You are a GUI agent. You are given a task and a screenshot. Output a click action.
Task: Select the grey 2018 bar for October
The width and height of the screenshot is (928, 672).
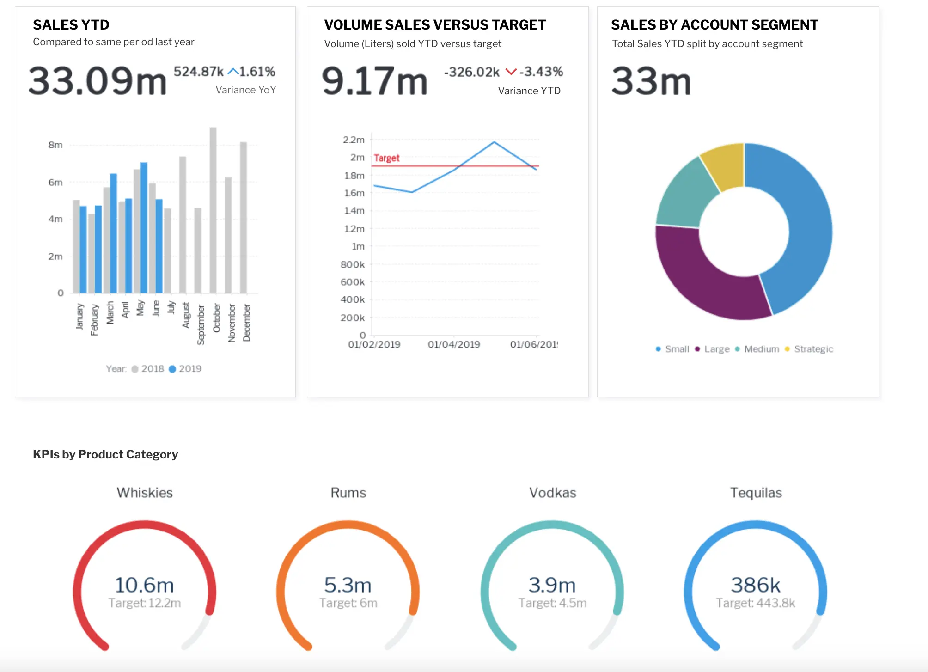coord(213,210)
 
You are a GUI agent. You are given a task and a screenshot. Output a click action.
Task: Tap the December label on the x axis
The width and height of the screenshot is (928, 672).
coord(247,323)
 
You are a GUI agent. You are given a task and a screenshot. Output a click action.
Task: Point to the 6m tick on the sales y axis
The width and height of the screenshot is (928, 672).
coord(55,182)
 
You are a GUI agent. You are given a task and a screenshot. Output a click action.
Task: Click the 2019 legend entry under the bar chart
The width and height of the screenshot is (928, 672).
coord(185,369)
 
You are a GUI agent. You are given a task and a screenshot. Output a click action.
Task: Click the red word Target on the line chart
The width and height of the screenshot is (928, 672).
coord(386,158)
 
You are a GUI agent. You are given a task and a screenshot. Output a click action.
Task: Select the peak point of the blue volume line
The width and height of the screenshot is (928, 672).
coord(494,142)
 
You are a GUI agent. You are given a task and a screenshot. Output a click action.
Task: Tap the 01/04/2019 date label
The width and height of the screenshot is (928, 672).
coord(454,344)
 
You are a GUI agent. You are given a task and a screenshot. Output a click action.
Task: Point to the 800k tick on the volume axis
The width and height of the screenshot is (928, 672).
coord(352,264)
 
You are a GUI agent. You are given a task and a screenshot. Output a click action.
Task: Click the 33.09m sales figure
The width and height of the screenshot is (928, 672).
coord(98,81)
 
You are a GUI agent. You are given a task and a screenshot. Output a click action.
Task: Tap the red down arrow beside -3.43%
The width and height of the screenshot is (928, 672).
coord(511,72)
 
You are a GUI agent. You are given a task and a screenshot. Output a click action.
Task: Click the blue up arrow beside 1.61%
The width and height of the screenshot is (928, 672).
coord(233,72)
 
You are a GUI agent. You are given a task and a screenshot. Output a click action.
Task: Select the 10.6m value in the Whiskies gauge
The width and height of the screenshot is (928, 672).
coord(144,585)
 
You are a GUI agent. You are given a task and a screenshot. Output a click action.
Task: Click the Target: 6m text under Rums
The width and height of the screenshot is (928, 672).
coord(348,603)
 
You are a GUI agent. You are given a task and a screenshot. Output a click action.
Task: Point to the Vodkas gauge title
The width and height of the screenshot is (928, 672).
coord(552,493)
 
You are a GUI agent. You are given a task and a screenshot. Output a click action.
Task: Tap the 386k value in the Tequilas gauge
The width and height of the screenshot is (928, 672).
coord(756,585)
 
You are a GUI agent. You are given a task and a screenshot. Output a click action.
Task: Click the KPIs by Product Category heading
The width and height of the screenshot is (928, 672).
coord(105,454)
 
